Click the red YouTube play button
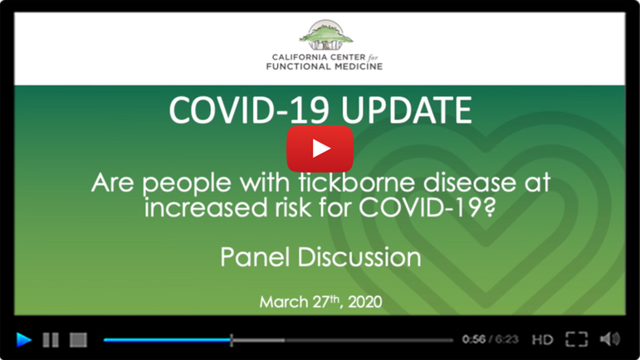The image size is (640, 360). pyautogui.click(x=320, y=148)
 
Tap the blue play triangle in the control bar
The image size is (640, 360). pyautogui.click(x=24, y=339)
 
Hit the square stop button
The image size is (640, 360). pyautogui.click(x=78, y=339)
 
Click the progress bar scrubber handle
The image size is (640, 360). pyautogui.click(x=232, y=340)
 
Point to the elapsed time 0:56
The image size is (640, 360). pyautogui.click(x=474, y=339)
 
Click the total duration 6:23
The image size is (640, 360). pyautogui.click(x=507, y=339)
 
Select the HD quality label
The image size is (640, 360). pyautogui.click(x=542, y=339)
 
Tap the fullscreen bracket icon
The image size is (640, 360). pyautogui.click(x=576, y=339)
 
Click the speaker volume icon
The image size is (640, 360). pyautogui.click(x=610, y=339)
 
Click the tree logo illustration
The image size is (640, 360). pyautogui.click(x=325, y=35)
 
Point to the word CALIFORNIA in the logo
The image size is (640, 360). pyautogui.click(x=296, y=57)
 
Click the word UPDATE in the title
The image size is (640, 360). pyautogui.click(x=406, y=110)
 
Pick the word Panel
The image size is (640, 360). pyautogui.click(x=255, y=257)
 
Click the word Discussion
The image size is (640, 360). pyautogui.click(x=359, y=257)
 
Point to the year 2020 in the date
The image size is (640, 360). pyautogui.click(x=365, y=302)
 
